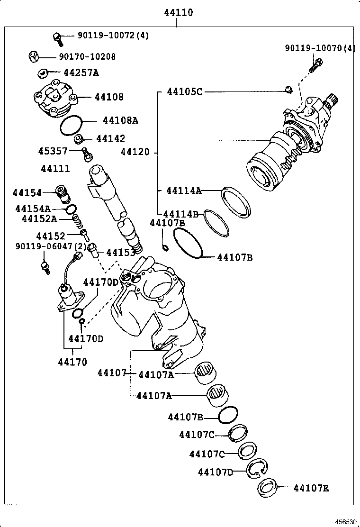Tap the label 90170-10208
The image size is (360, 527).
(87, 56)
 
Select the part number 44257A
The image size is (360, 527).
(81, 73)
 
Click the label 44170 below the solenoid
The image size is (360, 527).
(72, 362)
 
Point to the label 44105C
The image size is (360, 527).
(184, 91)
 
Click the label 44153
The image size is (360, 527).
(120, 253)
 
